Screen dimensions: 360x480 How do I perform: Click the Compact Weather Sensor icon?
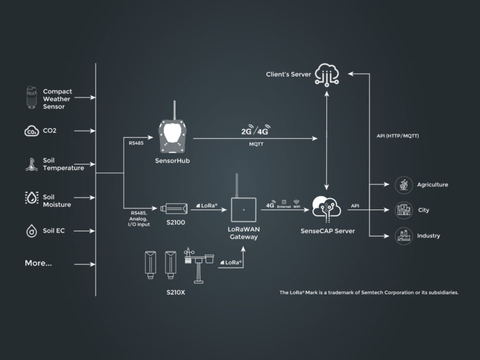pos(30,98)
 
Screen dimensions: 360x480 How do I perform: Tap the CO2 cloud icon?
pos(31,131)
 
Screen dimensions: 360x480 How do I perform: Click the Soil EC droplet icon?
pos(31,231)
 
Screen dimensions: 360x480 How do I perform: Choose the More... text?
pos(38,263)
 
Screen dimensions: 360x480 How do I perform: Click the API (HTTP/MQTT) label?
pos(398,136)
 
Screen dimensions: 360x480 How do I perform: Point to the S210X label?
pos(177,291)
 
